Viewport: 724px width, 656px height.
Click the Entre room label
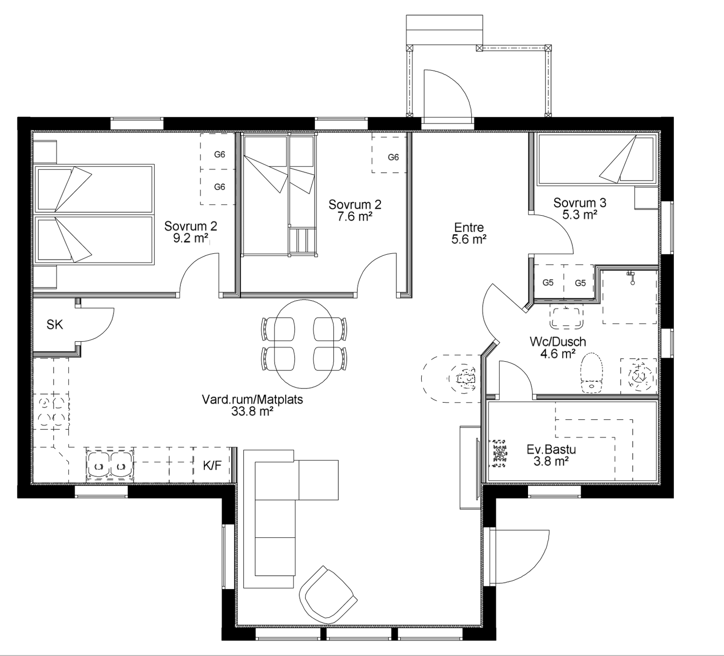coord(469,227)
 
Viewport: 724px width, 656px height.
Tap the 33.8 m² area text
coord(252,411)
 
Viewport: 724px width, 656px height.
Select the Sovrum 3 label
coord(580,203)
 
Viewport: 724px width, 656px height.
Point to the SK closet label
coord(55,325)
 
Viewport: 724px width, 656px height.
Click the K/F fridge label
coord(212,466)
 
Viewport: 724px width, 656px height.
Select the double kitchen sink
coord(109,465)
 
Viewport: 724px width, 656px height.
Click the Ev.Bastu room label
coord(551,450)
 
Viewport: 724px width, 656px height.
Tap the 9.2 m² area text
coord(191,238)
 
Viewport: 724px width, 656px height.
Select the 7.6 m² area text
coord(355,217)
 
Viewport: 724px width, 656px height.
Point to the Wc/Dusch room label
coord(558,342)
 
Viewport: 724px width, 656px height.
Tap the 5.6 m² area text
coord(469,239)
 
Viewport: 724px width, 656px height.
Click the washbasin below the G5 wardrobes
coord(566,317)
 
